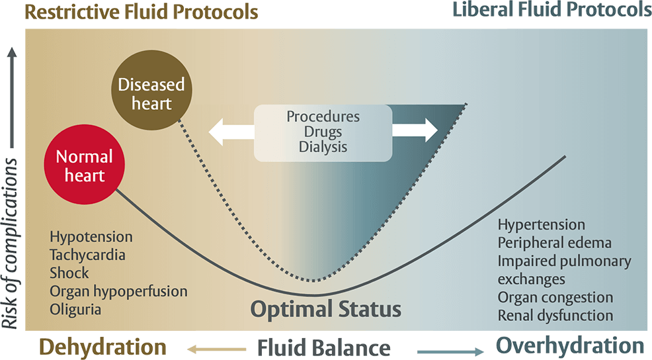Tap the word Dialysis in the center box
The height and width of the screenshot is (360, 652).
click(x=323, y=147)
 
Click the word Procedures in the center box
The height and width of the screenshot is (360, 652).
click(x=323, y=116)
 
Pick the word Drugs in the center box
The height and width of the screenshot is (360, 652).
click(x=323, y=132)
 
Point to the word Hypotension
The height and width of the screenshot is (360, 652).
click(x=91, y=237)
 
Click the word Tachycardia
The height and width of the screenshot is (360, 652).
click(x=87, y=255)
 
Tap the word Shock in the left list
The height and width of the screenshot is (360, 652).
click(x=69, y=273)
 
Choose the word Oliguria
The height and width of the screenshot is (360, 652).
click(x=76, y=308)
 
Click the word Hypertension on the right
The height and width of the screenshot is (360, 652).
click(x=541, y=225)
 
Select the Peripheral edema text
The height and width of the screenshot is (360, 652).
click(x=554, y=243)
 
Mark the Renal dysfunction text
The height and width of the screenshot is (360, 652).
click(x=555, y=315)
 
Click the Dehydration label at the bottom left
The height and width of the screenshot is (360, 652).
click(x=102, y=347)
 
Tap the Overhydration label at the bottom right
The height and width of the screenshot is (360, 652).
click(x=569, y=345)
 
